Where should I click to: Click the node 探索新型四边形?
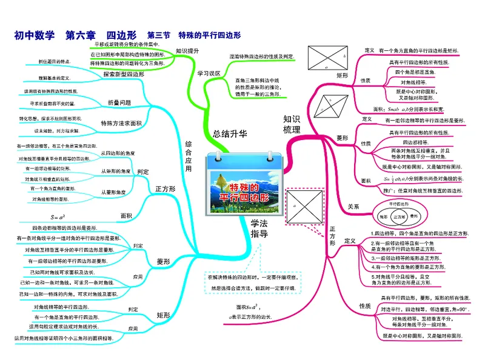tap(123, 75)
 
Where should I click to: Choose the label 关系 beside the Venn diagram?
tap(353, 207)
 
